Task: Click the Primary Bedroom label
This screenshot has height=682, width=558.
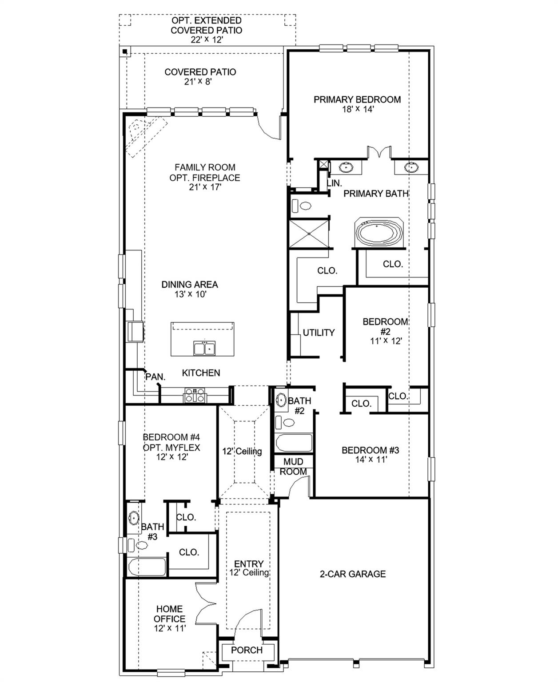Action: pyautogui.click(x=357, y=100)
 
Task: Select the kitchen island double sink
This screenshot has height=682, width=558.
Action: pyautogui.click(x=204, y=348)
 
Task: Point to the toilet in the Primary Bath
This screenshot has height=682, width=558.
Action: pyautogui.click(x=302, y=206)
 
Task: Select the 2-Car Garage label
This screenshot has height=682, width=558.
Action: pyautogui.click(x=353, y=574)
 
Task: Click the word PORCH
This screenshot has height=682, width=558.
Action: pyautogui.click(x=247, y=650)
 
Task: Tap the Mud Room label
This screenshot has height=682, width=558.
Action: pyautogui.click(x=293, y=467)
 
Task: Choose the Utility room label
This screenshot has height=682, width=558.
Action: pyautogui.click(x=319, y=333)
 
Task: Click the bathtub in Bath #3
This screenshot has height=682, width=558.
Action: pyautogui.click(x=147, y=567)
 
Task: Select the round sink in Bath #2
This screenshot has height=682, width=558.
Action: pyautogui.click(x=281, y=400)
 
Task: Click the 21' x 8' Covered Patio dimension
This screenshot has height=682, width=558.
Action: pyautogui.click(x=200, y=82)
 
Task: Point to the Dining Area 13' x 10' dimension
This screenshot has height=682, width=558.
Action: pyautogui.click(x=190, y=294)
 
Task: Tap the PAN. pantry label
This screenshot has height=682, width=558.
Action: pyautogui.click(x=155, y=377)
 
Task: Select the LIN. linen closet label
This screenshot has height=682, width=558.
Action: pyautogui.click(x=334, y=183)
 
